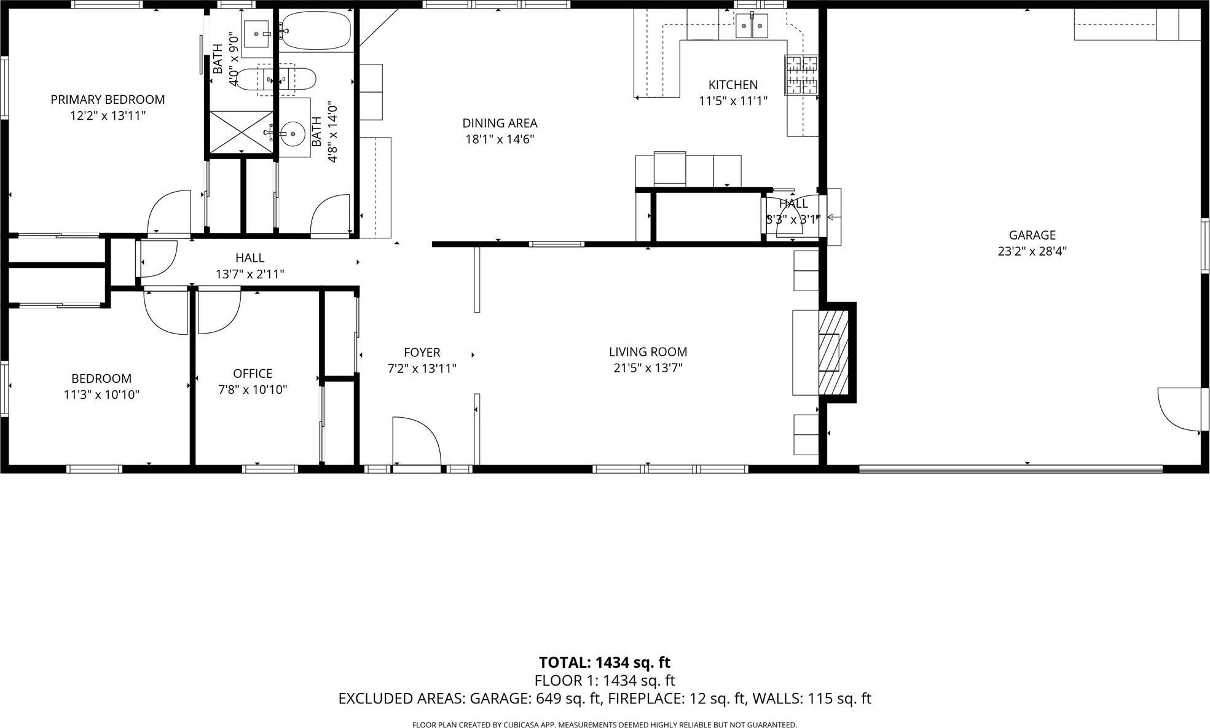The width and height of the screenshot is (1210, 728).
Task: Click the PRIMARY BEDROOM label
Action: [x=108, y=100]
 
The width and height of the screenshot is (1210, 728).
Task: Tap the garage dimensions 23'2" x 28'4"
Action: [x=1032, y=251]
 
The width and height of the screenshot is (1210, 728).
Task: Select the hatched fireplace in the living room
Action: [x=834, y=351]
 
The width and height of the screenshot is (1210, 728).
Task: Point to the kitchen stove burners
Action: [x=801, y=74]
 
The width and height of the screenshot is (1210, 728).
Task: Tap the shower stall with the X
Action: [x=241, y=131]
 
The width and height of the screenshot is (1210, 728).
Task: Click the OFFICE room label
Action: [x=253, y=374]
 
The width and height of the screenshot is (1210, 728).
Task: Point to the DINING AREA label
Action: [x=500, y=123]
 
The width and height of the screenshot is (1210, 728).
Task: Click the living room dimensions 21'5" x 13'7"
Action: [x=648, y=368]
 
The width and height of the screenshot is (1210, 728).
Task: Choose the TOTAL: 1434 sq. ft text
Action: [x=604, y=662]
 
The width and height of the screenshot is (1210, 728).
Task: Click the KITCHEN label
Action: [x=733, y=85]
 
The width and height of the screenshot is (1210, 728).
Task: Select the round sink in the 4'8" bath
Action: [x=294, y=133]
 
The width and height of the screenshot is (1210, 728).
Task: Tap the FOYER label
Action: [x=422, y=353]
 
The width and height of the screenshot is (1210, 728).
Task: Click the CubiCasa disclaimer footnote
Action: [x=604, y=725]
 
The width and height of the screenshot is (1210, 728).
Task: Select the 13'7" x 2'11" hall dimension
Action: [x=249, y=274]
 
